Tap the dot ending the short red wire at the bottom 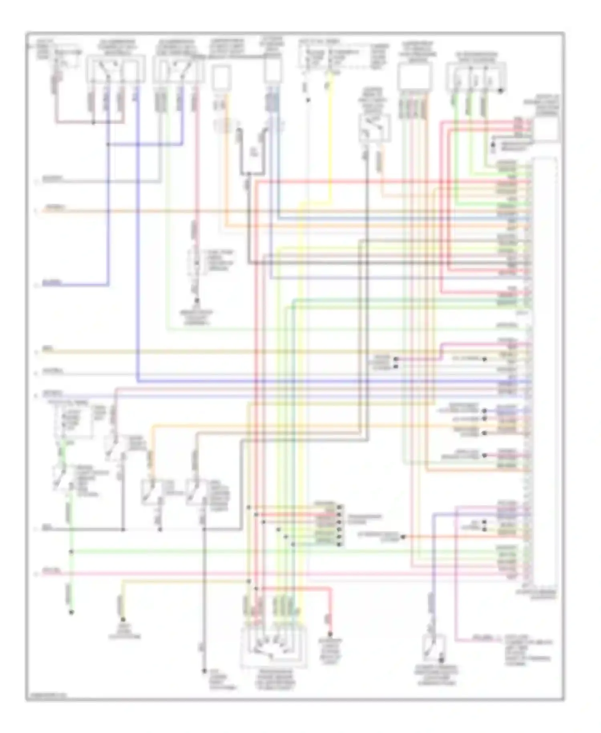click(330, 634)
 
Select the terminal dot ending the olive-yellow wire click(123, 620)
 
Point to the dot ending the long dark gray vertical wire click(204, 671)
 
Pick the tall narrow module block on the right click(544, 377)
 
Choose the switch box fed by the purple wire click(434, 648)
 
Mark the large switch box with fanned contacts click(274, 647)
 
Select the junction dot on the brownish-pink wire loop click(93, 123)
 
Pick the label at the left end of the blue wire click(52, 283)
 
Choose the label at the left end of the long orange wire click(55, 208)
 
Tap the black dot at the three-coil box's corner click(500, 91)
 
